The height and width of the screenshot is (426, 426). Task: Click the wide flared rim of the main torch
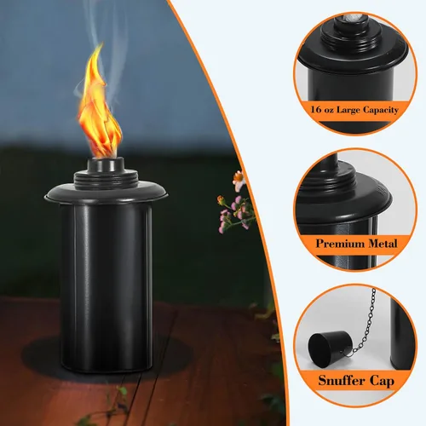coord(106,193)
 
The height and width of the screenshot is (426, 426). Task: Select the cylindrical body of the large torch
coord(106,287)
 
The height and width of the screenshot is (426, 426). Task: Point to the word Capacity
coord(381,110)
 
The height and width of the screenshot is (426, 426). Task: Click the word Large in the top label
coord(348,110)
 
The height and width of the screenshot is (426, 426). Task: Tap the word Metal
coord(383,244)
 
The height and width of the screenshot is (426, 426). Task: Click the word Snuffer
coord(341,380)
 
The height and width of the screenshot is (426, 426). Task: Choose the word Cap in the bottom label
coord(382,382)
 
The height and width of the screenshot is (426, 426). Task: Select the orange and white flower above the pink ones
coord(239,180)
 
